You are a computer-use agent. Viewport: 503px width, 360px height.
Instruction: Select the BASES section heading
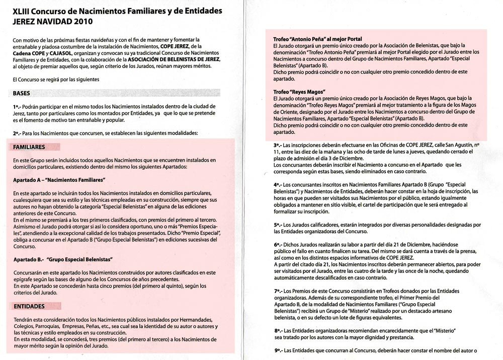tap(22, 93)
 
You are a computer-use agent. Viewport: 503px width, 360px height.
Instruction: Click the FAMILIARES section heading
tap(30, 147)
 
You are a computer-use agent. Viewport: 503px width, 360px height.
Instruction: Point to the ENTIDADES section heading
tap(29, 306)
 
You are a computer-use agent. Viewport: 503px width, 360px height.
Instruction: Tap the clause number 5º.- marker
tap(275, 225)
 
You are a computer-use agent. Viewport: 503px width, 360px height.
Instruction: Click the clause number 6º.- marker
tap(275, 244)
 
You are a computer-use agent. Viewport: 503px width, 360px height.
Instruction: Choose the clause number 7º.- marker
tap(275, 291)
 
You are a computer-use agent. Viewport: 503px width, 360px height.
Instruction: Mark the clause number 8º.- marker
tap(275, 330)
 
